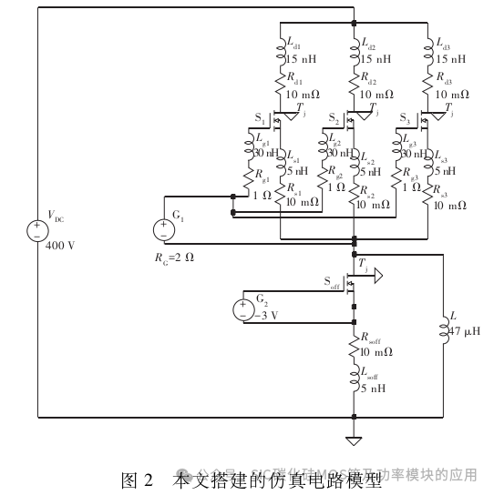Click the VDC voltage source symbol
tap(37, 229)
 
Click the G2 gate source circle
tap(242, 309)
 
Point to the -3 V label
tap(266, 316)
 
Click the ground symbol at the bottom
tap(353, 441)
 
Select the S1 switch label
tap(260, 118)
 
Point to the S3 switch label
tap(407, 118)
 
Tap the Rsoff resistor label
tap(369, 338)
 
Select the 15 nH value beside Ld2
tap(376, 58)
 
